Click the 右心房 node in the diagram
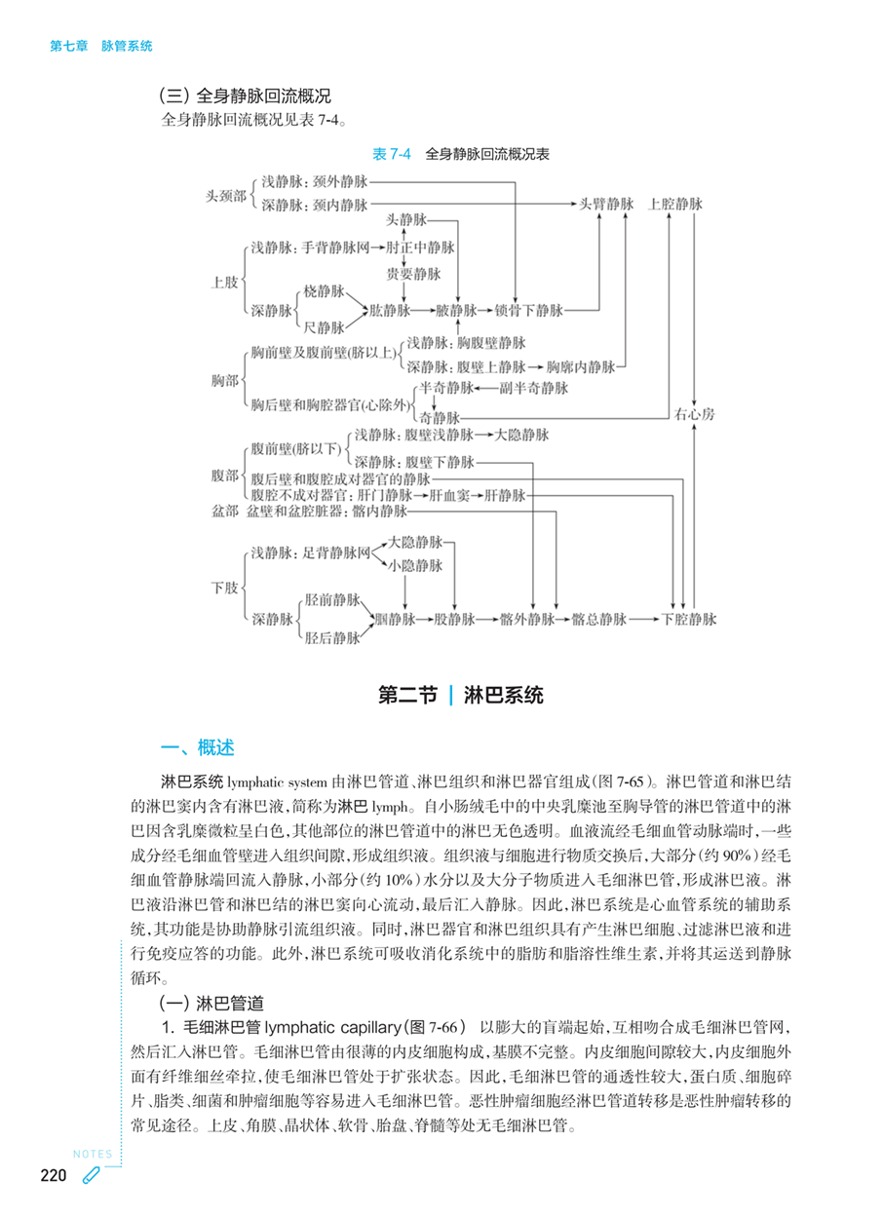(x=694, y=414)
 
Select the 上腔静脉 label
(x=675, y=204)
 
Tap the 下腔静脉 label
(x=688, y=619)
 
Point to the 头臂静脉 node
(x=607, y=204)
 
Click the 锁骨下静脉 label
(x=529, y=311)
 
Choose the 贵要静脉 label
(x=414, y=275)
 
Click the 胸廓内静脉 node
(x=581, y=367)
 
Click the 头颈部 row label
(x=225, y=195)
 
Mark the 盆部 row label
(x=224, y=511)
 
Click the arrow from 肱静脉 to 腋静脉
(x=423, y=311)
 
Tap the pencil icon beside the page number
(x=91, y=1176)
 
